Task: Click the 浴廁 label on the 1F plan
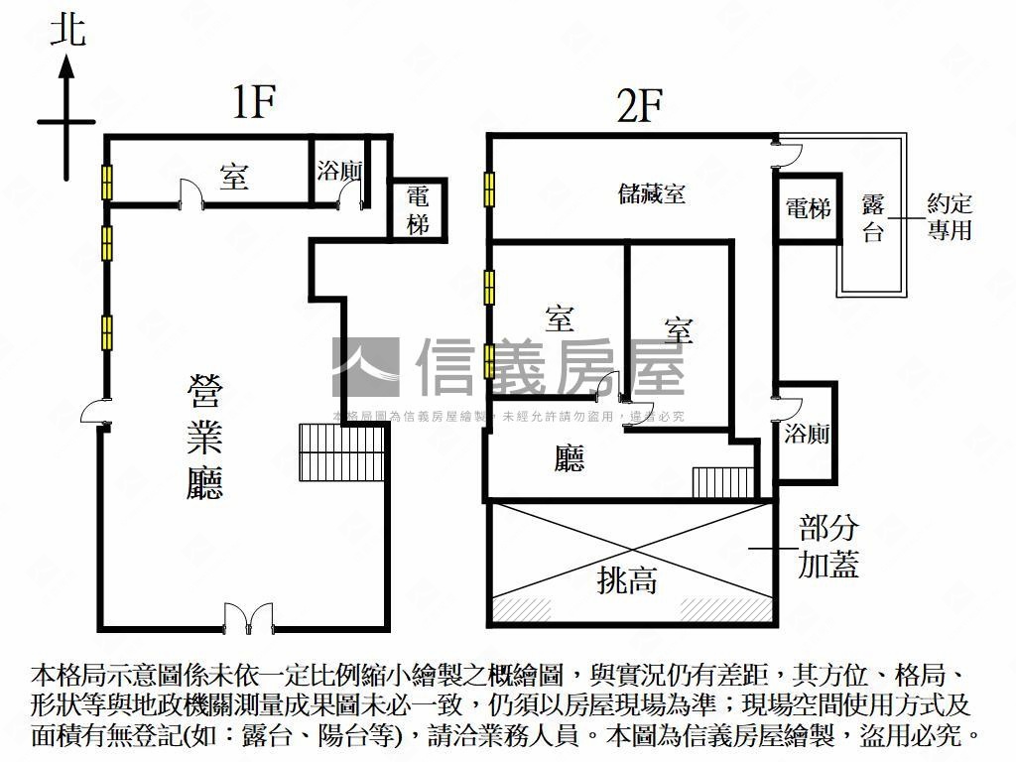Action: (x=338, y=171)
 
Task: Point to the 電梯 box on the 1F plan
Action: (x=418, y=209)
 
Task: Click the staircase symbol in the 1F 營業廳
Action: (x=341, y=452)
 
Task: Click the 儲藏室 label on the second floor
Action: (x=651, y=193)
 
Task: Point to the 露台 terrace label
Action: (x=873, y=217)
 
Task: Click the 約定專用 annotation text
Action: (x=949, y=217)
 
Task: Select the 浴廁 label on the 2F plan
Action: (x=806, y=434)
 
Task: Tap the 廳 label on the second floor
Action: (x=570, y=457)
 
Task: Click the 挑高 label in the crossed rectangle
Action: (x=627, y=579)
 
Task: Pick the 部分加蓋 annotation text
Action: (x=828, y=546)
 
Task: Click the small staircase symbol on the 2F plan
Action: (x=723, y=482)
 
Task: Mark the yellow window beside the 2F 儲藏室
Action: (x=489, y=189)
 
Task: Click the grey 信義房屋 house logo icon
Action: (x=365, y=367)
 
